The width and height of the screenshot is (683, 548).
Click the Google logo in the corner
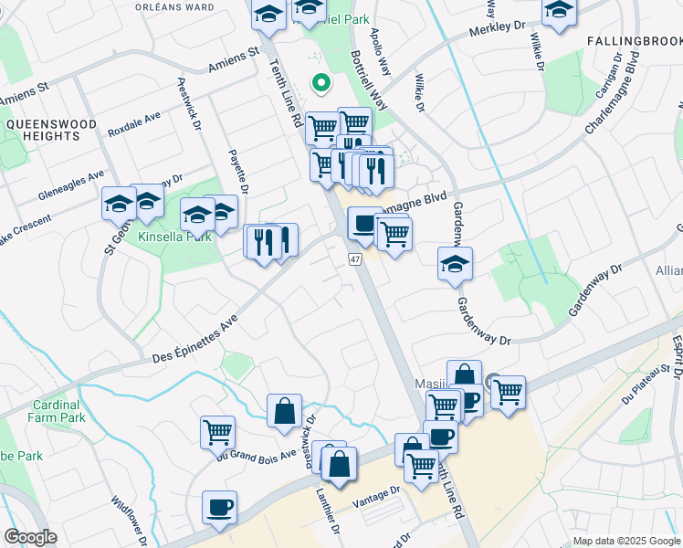point(30,537)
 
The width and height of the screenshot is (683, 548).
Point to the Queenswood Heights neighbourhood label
point(43,129)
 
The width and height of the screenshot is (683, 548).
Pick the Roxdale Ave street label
point(133,124)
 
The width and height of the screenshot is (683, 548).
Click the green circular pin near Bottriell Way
point(320,84)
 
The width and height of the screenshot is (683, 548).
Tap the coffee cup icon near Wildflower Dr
point(219,507)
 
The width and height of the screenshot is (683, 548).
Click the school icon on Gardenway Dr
point(455,265)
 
